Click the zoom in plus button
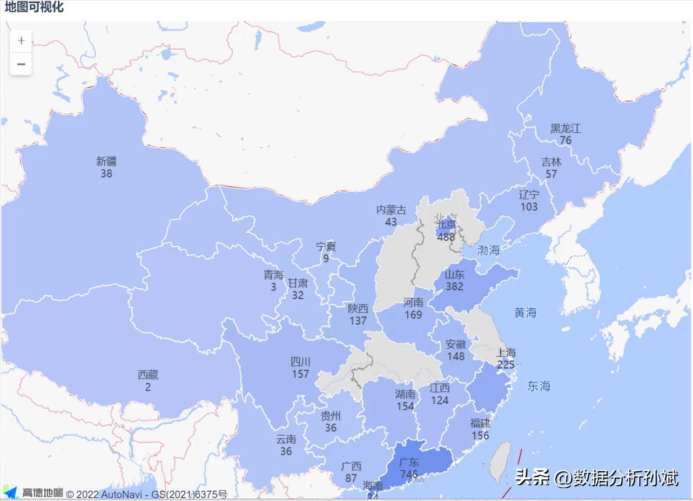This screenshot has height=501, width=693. pyautogui.click(x=21, y=41)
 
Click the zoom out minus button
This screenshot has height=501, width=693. pyautogui.click(x=21, y=64)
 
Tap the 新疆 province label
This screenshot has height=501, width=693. pyautogui.click(x=106, y=161)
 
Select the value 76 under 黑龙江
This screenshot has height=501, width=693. pyautogui.click(x=566, y=140)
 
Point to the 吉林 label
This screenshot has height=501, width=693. pyautogui.click(x=551, y=162)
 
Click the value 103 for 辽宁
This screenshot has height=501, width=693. pyautogui.click(x=529, y=207)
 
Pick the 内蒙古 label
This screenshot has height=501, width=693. pyautogui.click(x=391, y=210)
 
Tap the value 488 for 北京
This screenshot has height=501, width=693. pyautogui.click(x=446, y=236)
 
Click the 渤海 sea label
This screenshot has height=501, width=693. pyautogui.click(x=488, y=250)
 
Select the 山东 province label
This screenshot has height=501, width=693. pyautogui.click(x=454, y=274)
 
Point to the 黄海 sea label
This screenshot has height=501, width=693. pyautogui.click(x=525, y=313)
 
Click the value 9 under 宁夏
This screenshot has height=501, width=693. pyautogui.click(x=326, y=259)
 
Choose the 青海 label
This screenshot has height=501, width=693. pyautogui.click(x=273, y=275)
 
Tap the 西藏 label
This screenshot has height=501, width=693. pyautogui.click(x=148, y=375)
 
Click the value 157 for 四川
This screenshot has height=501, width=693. pyautogui.click(x=300, y=374)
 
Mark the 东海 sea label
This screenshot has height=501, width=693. pyautogui.click(x=539, y=386)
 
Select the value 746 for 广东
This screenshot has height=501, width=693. pyautogui.click(x=409, y=475)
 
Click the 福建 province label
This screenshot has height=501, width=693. pyautogui.click(x=480, y=423)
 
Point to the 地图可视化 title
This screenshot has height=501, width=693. pyautogui.click(x=34, y=7)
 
